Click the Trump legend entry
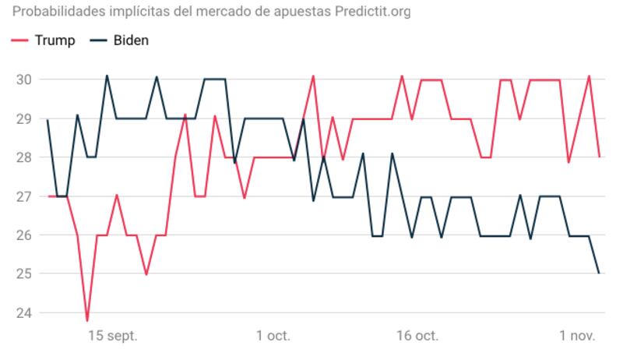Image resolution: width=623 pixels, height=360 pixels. click(x=44, y=41)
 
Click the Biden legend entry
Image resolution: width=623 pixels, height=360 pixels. click(x=118, y=41)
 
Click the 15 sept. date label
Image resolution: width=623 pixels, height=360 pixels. click(x=112, y=337)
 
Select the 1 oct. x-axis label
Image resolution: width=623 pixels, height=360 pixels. click(x=273, y=337)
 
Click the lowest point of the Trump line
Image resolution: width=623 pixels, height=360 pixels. click(x=87, y=320)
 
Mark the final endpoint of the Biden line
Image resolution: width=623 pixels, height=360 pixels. click(x=599, y=273)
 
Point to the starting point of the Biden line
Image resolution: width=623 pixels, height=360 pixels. click(x=48, y=120)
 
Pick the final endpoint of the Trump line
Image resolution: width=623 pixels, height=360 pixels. click(x=599, y=157)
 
